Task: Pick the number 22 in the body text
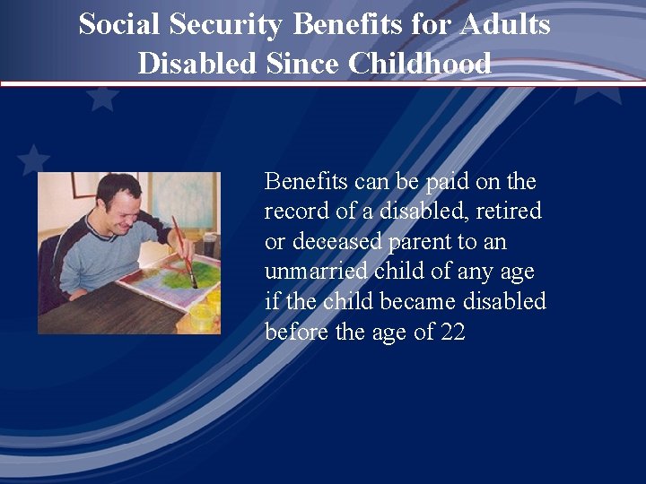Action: [x=452, y=333]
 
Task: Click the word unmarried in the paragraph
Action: [x=315, y=272]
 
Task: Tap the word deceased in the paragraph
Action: [x=334, y=242]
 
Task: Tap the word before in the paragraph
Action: [x=295, y=333]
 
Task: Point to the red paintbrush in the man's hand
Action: [x=183, y=250]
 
